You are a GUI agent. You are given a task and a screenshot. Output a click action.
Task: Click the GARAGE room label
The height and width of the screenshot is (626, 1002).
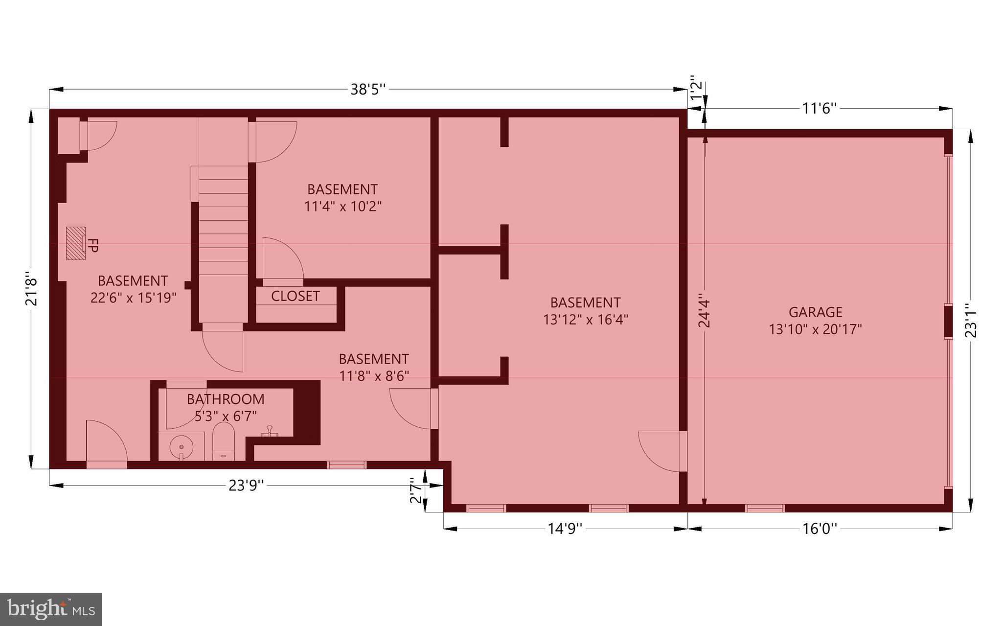pos(815,312)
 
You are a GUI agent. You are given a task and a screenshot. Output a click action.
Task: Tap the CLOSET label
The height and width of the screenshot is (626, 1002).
pos(295,296)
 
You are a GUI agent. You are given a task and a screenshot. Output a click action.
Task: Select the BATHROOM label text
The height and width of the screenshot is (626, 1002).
pos(226,399)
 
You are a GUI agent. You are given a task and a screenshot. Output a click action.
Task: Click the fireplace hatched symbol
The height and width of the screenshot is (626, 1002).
pos(76,243)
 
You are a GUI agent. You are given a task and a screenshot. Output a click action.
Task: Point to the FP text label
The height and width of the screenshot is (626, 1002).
pos(92,245)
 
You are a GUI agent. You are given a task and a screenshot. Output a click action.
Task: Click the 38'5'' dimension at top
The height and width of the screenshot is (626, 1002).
pos(368,90)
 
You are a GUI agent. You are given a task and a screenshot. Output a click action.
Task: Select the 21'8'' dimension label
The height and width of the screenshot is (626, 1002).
pos(31,289)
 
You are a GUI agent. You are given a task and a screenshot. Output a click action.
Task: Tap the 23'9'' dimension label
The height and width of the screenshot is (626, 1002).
pos(246,485)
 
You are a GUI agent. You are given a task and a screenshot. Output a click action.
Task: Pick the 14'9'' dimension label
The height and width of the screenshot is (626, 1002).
pos(565,529)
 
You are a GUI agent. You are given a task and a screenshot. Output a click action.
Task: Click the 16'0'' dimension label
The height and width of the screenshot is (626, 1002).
pos(820,529)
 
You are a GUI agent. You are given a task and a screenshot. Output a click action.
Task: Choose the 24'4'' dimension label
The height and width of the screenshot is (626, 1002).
pos(704,310)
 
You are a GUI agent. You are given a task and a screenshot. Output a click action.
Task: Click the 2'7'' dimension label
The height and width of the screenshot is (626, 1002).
pos(415,490)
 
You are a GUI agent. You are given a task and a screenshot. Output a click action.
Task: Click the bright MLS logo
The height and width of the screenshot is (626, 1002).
pos(51,609)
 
